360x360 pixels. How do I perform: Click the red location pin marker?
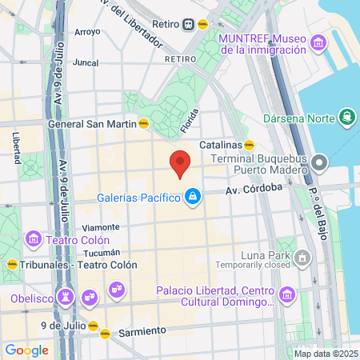coord(180,162)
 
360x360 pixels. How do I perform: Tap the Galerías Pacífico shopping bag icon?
coord(193,195)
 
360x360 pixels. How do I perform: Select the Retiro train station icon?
coord(188,24)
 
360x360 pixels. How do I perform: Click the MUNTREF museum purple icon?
coord(319,42)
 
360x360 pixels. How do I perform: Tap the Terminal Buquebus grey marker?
coord(319,165)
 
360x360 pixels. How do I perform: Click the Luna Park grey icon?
coord(303,258)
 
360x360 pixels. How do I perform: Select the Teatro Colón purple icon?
coord(33,238)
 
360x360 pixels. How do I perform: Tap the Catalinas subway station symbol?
coord(249,146)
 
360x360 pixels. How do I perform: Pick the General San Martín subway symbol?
coord(143,124)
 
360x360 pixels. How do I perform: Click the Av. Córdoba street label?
coord(254,190)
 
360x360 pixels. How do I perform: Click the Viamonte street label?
coord(101,226)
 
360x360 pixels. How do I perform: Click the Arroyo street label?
coord(86,33)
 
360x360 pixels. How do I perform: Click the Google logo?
coord(26,350)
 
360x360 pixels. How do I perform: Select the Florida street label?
coord(189,122)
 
